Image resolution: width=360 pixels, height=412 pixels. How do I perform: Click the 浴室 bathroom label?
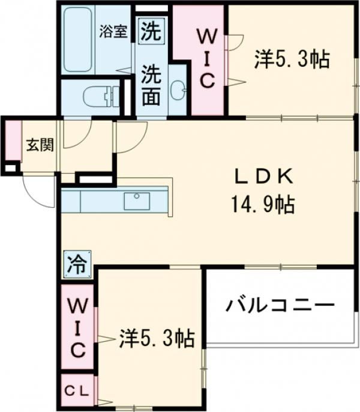pos(113,31)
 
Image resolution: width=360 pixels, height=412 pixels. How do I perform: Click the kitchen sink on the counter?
pos(137,201)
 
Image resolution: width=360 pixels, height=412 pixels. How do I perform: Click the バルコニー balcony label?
pos(280,306)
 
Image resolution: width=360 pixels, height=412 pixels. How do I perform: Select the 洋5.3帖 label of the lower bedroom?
pos(156,339)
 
